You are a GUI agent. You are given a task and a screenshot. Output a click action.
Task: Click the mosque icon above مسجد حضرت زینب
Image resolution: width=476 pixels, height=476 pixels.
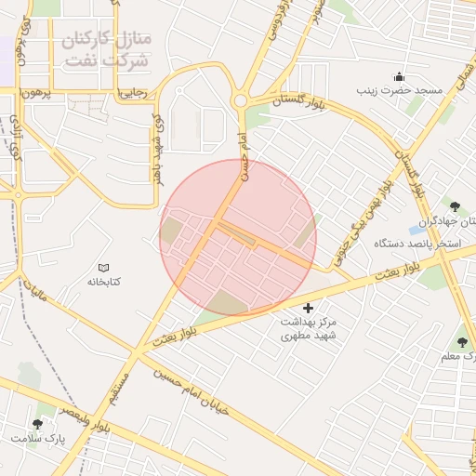click(400, 76)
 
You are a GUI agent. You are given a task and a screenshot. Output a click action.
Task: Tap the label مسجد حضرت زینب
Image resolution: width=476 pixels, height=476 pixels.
click(401, 91)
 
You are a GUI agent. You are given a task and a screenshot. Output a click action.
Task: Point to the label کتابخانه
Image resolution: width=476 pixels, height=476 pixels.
click(105, 281)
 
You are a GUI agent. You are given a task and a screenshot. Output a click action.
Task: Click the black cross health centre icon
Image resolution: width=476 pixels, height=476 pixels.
click(309, 308)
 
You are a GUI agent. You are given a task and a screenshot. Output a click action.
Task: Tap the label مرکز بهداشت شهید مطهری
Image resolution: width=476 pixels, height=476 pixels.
click(309, 326)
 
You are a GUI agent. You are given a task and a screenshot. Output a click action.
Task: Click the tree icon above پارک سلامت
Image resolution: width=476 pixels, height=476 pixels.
click(37, 423)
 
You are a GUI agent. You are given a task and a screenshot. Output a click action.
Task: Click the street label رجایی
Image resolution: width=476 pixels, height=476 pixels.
click(129, 93)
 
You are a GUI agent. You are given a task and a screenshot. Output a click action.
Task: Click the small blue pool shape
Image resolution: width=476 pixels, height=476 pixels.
click(416, 230)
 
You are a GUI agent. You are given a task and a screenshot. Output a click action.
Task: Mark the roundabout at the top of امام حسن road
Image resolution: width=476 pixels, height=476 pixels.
click(241, 101)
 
